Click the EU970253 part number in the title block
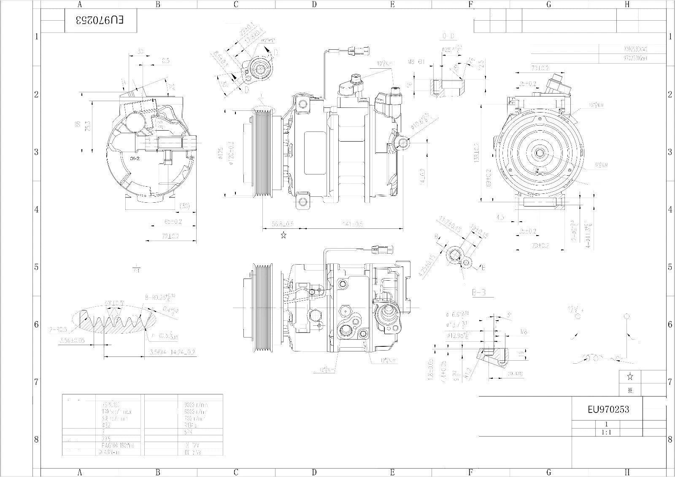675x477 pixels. [608, 410]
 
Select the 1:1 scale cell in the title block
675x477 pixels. [607, 432]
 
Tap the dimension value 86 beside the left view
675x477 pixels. [78, 124]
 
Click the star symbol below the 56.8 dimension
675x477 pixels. [283, 235]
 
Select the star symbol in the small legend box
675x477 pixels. [630, 376]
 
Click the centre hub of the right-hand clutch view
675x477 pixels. [539, 153]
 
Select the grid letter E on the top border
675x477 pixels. [392, 5]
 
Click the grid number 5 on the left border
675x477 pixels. [37, 267]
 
